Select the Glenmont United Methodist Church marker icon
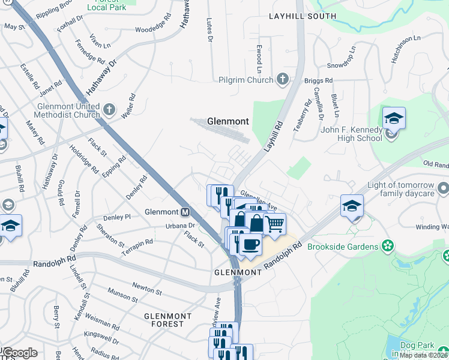point(109,109)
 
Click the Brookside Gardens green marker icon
point(388,246)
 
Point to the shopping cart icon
point(274,224)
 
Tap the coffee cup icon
point(250,245)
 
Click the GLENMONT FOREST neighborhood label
point(167,320)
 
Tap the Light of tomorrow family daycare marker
point(443,190)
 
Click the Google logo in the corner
point(19,353)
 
